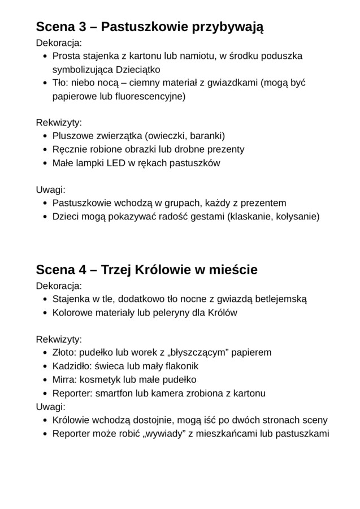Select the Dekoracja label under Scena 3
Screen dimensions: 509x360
pyautogui.click(x=59, y=42)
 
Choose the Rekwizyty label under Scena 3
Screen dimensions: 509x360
pyautogui.click(x=59, y=123)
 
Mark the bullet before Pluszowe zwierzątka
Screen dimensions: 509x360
pyautogui.click(x=45, y=136)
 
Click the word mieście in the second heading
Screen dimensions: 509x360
pyautogui.click(x=233, y=270)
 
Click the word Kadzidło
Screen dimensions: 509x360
pyautogui.click(x=72, y=366)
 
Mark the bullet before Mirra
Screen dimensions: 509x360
pyautogui.click(x=45, y=379)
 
